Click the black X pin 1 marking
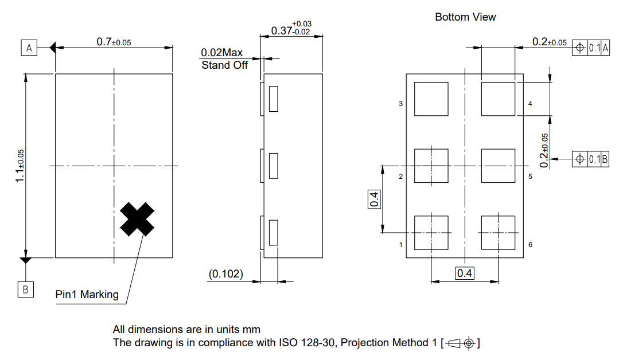[137, 219]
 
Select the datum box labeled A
[29, 48]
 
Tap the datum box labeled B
[25, 289]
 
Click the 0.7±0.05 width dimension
[114, 42]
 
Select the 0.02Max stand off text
[222, 53]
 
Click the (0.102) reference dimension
[225, 275]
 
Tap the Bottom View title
[465, 17]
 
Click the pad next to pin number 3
[431, 99]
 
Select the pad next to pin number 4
[498, 99]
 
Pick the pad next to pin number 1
[431, 233]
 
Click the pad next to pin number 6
[498, 233]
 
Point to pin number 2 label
[400, 176]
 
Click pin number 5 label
[530, 176]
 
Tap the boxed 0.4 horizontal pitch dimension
[464, 273]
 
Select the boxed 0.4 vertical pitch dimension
[374, 199]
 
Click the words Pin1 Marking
[87, 295]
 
